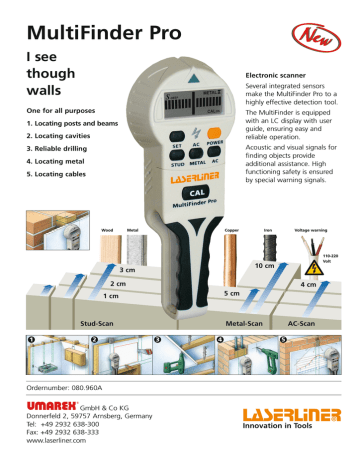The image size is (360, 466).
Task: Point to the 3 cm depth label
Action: point(126,270)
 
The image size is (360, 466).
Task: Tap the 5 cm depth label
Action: point(232,294)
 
